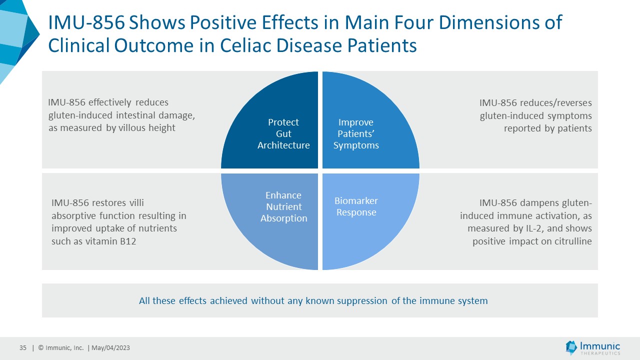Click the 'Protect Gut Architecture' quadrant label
(283, 133)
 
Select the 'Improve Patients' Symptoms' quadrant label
(356, 133)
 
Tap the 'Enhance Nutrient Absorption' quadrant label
(283, 206)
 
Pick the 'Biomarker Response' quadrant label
(356, 206)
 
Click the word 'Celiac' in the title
(250, 45)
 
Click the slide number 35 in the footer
(23, 348)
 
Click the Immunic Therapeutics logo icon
(571, 347)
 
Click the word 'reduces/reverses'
(556, 102)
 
